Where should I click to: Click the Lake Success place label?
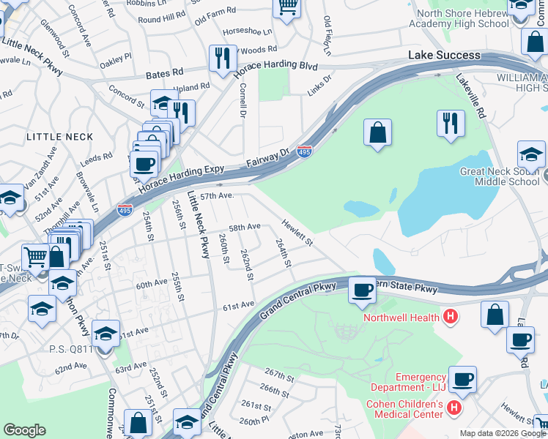(445, 56)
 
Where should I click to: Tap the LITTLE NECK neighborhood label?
(60, 137)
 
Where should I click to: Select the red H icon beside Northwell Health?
(451, 317)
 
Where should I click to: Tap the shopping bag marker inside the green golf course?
(377, 132)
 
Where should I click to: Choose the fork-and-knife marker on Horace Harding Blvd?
(222, 58)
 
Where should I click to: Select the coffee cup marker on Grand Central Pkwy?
(362, 290)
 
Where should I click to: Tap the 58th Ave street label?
(245, 228)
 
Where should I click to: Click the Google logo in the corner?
(24, 430)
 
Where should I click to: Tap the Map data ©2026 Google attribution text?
(502, 433)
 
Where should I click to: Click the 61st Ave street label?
(238, 304)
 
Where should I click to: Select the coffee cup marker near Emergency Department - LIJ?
(462, 379)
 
